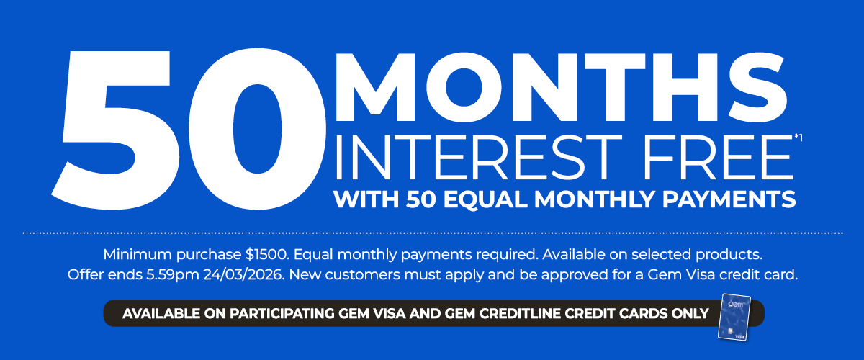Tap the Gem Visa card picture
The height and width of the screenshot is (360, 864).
click(x=734, y=317)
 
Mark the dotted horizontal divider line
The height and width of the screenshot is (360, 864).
click(x=432, y=233)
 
